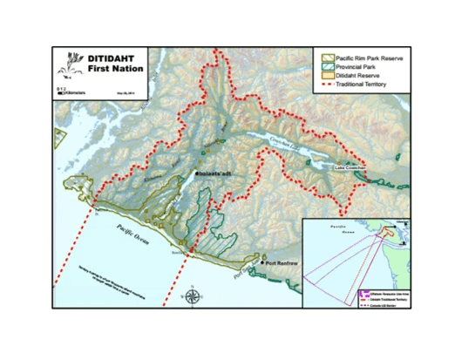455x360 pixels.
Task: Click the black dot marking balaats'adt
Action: click(197, 175)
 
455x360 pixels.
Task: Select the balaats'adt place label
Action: click(215, 175)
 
